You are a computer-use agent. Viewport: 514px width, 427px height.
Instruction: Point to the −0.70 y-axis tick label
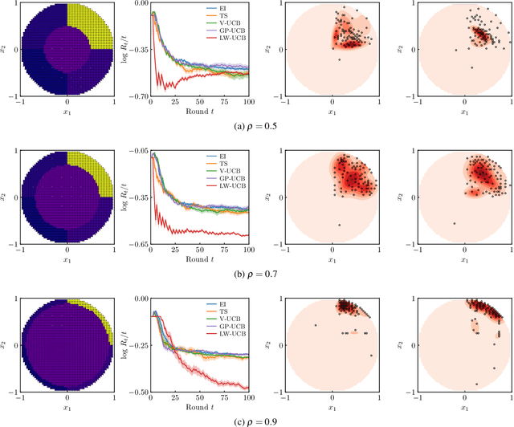tap(137, 97)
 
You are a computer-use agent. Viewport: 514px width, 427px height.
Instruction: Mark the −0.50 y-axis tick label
tap(137, 391)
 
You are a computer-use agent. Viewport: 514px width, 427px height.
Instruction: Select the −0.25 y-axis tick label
tap(137, 344)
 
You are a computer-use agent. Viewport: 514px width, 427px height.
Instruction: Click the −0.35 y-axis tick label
tap(137, 50)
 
